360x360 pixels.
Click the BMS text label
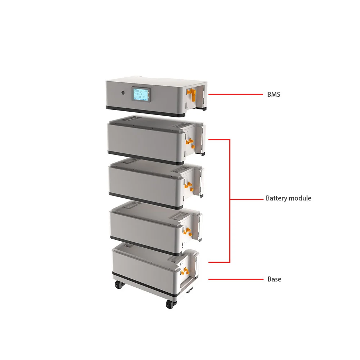(x=273, y=95)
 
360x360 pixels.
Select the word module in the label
(x=300, y=198)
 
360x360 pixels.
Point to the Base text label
(x=274, y=279)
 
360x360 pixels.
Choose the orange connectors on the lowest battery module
(x=185, y=271)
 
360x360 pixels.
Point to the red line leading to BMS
(x=235, y=95)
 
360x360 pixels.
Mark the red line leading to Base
(x=235, y=279)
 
